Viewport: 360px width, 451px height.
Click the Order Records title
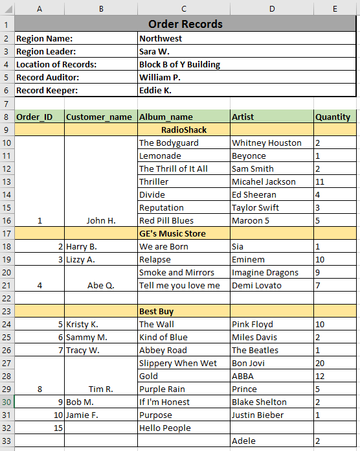click(x=185, y=24)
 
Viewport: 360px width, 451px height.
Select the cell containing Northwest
click(x=161, y=38)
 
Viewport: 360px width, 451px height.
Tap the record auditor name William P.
click(x=160, y=77)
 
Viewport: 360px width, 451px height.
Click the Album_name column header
click(x=166, y=117)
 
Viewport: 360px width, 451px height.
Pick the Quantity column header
click(x=333, y=117)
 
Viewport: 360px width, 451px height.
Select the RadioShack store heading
click(x=184, y=130)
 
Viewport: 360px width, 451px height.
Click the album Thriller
click(x=153, y=181)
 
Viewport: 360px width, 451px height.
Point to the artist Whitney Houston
click(x=266, y=143)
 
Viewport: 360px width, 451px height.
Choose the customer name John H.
click(x=101, y=220)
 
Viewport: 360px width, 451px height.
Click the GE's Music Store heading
click(x=172, y=233)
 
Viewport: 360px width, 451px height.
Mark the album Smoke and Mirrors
click(x=177, y=272)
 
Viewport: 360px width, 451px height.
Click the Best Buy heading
click(x=157, y=311)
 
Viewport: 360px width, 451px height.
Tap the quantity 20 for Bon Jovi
click(x=321, y=363)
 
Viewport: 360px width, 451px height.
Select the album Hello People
click(x=165, y=428)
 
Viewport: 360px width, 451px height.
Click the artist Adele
click(x=244, y=441)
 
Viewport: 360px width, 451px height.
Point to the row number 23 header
click(x=6, y=311)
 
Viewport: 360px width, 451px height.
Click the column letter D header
click(x=271, y=8)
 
